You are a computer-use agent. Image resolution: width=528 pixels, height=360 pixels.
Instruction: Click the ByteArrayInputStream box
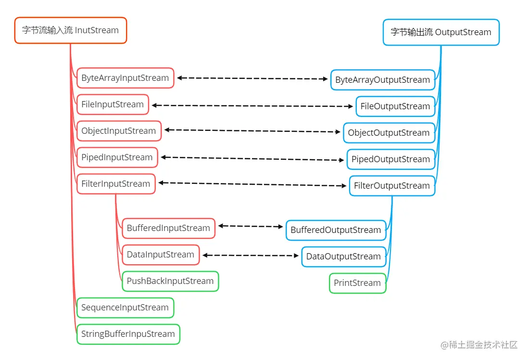click(125, 78)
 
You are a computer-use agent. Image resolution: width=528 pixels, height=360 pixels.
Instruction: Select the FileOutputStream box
click(395, 106)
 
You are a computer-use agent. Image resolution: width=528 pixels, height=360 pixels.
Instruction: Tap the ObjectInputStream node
click(119, 131)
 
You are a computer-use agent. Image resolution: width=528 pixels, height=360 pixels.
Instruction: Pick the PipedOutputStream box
click(391, 159)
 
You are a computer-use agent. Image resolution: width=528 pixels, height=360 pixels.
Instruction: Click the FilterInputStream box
click(116, 184)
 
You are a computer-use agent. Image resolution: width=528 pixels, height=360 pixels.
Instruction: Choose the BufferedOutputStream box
click(336, 230)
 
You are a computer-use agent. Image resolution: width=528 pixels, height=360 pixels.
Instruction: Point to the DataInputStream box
click(161, 255)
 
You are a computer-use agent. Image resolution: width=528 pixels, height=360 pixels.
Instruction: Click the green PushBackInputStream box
click(170, 281)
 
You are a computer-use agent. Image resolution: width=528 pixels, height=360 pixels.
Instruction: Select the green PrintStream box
click(357, 283)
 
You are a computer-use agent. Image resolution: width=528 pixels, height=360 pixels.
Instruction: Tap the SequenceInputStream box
click(125, 308)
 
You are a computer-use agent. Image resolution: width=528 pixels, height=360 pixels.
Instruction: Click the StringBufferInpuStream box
click(128, 334)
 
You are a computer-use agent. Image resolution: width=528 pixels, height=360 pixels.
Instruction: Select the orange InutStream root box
click(71, 30)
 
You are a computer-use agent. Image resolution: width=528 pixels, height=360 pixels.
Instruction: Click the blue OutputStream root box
click(441, 32)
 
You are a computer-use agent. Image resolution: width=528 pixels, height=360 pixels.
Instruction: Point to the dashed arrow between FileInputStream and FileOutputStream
click(252, 106)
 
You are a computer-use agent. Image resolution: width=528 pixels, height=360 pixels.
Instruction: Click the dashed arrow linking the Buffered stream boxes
click(251, 226)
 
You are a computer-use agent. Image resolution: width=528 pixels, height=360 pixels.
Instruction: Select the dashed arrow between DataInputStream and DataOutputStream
click(251, 256)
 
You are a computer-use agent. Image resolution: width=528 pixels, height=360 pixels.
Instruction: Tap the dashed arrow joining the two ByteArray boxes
click(252, 78)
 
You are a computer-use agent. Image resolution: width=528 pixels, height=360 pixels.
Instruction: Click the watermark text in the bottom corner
click(479, 345)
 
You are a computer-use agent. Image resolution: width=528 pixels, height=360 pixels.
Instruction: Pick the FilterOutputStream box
click(392, 186)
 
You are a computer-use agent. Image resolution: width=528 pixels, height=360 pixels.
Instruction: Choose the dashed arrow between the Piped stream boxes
click(252, 158)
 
